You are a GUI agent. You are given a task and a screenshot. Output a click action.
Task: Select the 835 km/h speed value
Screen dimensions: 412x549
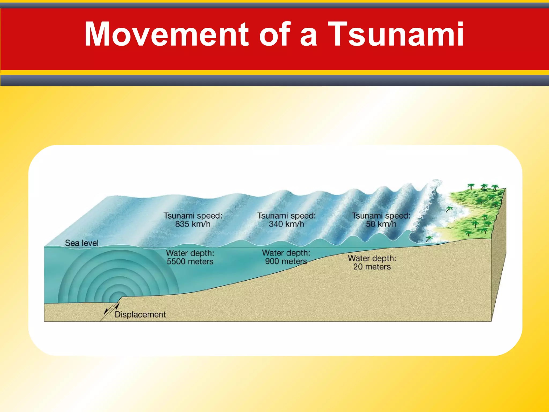click(193, 224)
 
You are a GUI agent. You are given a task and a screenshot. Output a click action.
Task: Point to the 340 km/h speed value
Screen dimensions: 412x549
click(286, 224)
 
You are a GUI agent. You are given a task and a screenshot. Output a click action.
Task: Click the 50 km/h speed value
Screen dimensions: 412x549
click(381, 224)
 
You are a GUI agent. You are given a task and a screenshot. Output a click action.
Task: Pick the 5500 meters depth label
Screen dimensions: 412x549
click(190, 262)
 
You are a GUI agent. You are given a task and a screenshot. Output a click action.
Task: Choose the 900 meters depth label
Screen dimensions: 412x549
click(286, 261)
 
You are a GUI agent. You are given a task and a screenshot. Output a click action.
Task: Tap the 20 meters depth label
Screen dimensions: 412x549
click(372, 267)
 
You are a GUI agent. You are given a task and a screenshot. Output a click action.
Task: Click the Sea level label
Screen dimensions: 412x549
click(82, 243)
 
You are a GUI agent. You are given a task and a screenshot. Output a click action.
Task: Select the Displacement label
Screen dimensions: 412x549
click(140, 314)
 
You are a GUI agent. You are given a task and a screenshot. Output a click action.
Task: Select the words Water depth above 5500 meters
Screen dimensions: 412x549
click(190, 253)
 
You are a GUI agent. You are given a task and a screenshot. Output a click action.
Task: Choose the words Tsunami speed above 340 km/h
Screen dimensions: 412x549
click(286, 216)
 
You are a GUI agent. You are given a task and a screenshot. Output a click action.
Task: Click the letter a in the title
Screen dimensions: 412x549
click(309, 38)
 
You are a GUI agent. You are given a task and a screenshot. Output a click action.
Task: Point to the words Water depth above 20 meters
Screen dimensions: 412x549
click(372, 258)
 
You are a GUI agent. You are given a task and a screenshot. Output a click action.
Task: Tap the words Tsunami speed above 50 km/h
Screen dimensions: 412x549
click(381, 216)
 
